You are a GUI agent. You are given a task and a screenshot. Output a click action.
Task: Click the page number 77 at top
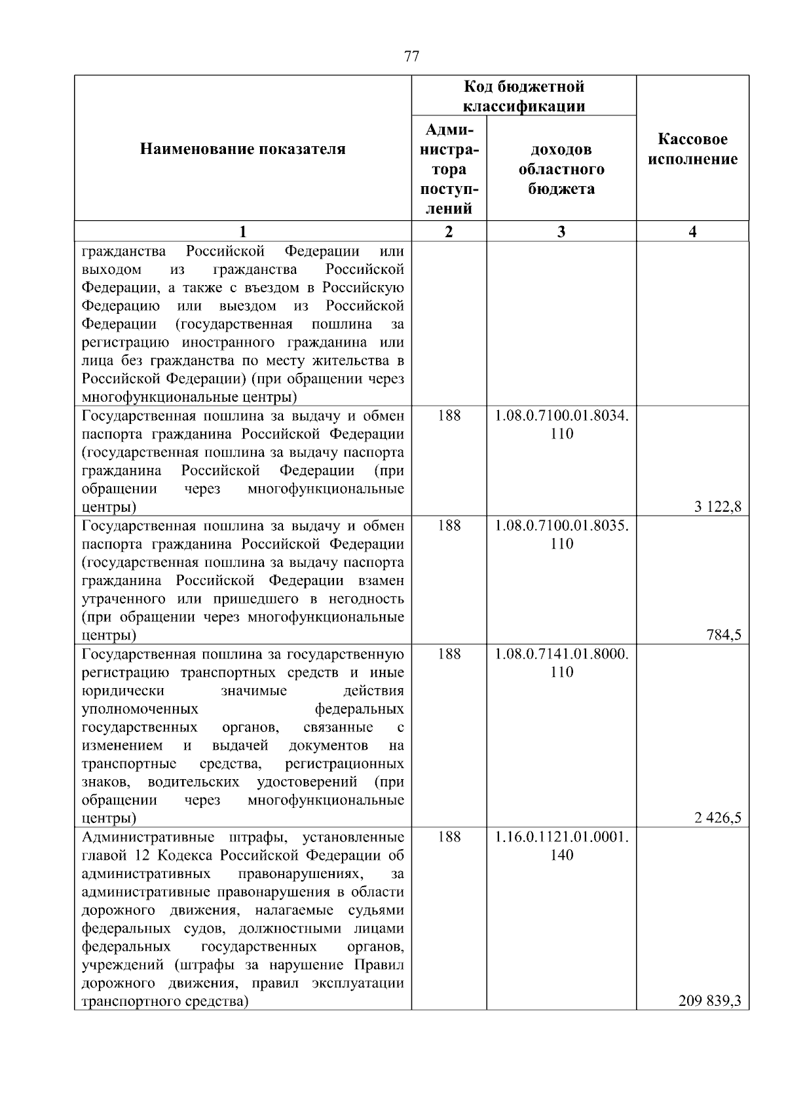[411, 56]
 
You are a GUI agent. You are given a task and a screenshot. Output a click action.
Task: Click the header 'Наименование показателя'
[242, 149]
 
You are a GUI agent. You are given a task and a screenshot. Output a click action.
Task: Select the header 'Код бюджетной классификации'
[524, 96]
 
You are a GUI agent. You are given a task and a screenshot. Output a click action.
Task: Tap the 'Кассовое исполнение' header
[692, 149]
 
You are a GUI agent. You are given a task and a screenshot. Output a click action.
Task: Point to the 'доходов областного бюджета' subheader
[561, 169]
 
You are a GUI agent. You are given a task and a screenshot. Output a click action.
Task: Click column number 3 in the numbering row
[561, 231]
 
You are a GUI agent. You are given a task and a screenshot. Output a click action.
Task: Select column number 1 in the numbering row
[242, 231]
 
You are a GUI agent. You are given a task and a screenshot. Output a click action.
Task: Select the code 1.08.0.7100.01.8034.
[561, 415]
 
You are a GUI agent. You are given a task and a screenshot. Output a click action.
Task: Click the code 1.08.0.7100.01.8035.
[561, 526]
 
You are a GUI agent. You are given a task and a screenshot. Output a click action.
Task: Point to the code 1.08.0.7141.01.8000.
[561, 654]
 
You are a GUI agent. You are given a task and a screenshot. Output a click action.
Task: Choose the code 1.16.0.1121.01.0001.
[561, 837]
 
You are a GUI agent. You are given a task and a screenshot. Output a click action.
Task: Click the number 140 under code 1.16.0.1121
[561, 855]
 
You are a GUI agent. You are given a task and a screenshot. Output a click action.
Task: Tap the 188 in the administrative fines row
[449, 837]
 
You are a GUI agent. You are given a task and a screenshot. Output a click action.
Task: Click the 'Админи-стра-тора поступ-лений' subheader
[449, 169]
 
